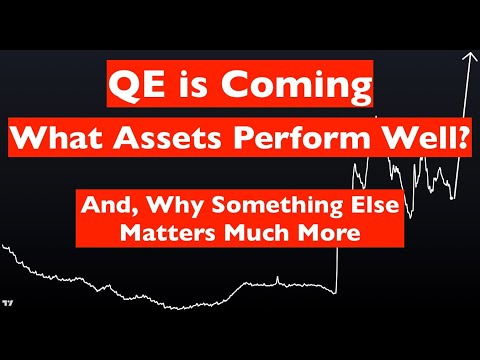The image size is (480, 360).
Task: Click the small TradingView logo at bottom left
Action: tap(9, 300)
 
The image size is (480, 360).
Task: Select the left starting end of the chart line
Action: tap(3, 246)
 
